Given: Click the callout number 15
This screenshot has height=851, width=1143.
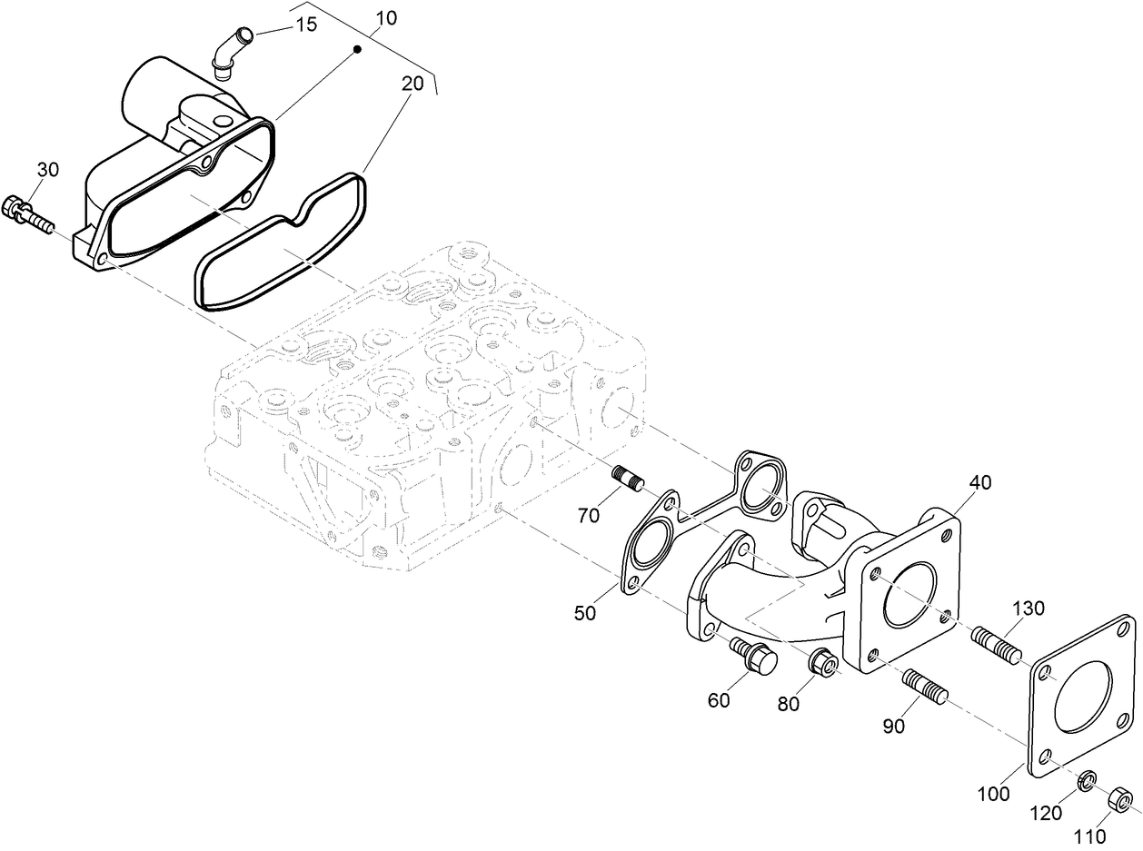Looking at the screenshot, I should [x=306, y=25].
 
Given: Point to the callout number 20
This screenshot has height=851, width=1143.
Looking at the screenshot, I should [x=412, y=83].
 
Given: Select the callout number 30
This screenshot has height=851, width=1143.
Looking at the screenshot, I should [x=47, y=169].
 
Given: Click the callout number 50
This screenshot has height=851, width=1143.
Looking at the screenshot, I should [x=585, y=614].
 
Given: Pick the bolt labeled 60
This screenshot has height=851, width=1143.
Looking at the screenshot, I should [x=753, y=656].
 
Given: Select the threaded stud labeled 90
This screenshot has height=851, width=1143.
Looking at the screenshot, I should [x=925, y=686].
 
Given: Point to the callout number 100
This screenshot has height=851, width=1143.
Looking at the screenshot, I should [x=994, y=794].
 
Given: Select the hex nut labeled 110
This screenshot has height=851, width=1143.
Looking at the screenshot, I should [x=1121, y=800].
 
